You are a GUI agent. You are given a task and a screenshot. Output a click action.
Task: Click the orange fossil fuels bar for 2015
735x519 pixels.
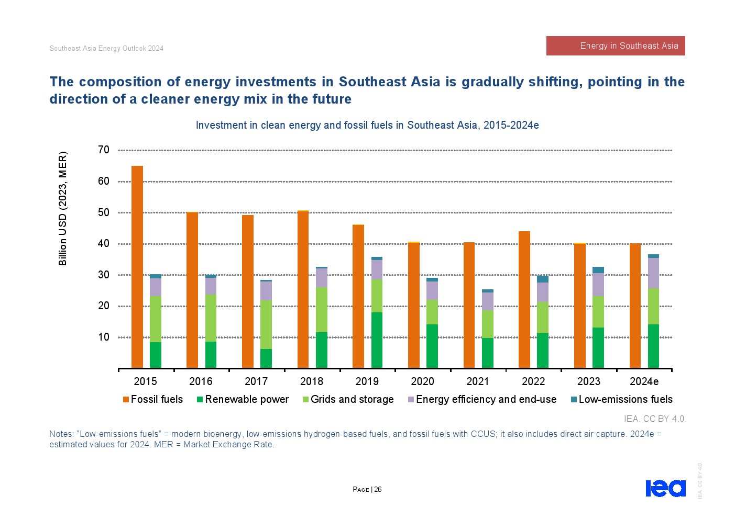(137, 267)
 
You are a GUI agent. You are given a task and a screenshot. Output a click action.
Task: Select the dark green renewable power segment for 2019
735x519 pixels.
(377, 340)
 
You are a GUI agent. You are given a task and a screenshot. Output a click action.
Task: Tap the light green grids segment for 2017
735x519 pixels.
(266, 324)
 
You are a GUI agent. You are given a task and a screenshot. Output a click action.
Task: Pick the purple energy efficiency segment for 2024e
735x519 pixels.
(653, 273)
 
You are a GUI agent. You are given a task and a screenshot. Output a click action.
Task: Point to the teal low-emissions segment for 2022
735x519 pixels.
(543, 279)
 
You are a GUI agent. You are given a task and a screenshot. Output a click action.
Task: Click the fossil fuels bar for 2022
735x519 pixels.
(524, 299)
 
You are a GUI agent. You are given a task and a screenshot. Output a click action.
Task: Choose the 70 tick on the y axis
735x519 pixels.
(104, 150)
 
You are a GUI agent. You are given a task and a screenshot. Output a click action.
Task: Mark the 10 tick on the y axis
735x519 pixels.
(104, 337)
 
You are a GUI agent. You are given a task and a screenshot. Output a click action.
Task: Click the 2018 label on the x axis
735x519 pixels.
(312, 381)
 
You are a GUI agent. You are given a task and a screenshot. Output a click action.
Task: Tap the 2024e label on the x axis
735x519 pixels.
(644, 381)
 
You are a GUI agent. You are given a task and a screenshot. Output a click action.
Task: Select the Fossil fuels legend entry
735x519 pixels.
(153, 400)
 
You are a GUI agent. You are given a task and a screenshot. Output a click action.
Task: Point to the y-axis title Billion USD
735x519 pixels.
(63, 208)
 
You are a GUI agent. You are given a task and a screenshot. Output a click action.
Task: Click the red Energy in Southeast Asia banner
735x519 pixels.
(616, 46)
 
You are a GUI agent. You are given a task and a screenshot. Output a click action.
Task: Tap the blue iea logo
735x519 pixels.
(665, 488)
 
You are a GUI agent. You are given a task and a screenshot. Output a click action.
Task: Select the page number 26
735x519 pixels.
(378, 490)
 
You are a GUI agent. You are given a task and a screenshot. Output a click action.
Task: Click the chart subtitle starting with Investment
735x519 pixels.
(367, 126)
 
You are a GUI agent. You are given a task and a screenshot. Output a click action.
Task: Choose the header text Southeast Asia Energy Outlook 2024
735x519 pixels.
(106, 49)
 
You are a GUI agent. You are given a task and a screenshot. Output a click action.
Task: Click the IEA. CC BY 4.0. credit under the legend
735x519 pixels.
(655, 419)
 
